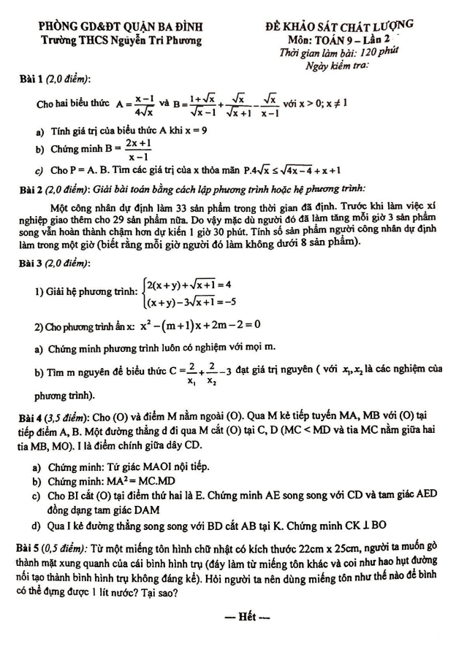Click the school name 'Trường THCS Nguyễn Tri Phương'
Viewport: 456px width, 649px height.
111,41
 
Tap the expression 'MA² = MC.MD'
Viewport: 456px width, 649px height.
129,480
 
